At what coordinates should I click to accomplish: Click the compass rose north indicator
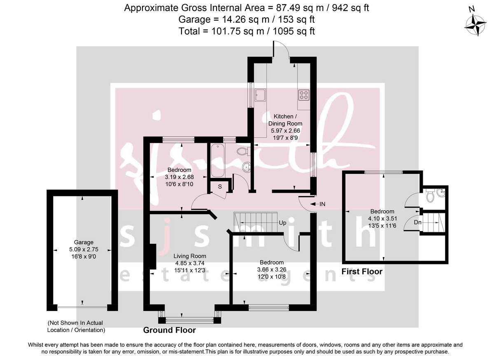coord(476,25)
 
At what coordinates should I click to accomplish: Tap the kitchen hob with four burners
coord(304,95)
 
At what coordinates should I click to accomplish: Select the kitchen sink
coord(260,96)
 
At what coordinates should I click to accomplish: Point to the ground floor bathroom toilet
coord(242,152)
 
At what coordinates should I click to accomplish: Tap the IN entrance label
coord(322,204)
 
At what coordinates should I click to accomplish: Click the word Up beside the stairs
coord(283,223)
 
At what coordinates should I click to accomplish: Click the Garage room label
coord(84,242)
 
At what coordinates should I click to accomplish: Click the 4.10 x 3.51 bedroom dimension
coord(384,219)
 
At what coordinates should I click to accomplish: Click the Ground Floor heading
coord(169,330)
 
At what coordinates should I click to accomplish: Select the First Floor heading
coord(362,271)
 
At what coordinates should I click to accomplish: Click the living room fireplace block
coord(152,257)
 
